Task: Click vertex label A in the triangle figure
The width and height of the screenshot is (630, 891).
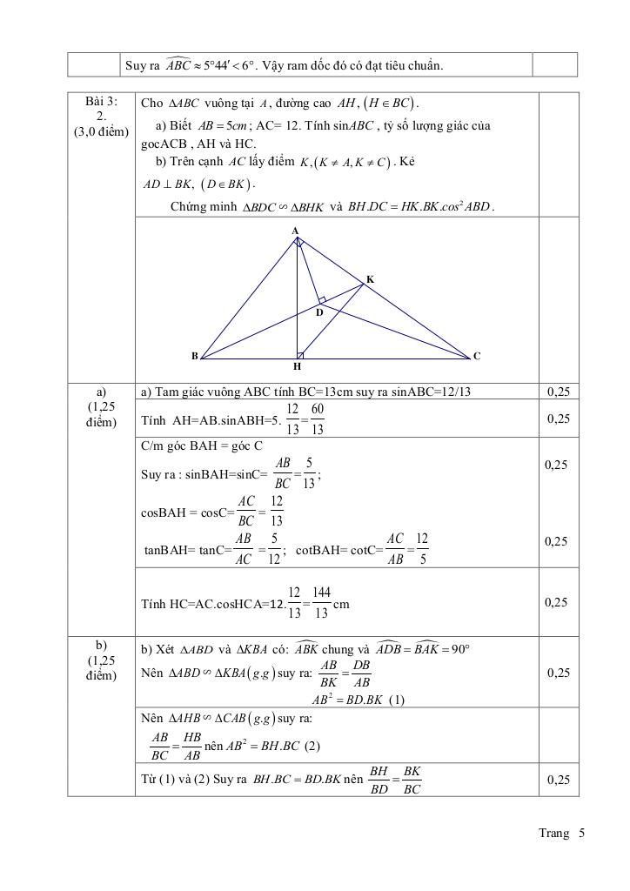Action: pos(295,231)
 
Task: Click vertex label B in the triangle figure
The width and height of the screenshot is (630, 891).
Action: pos(194,356)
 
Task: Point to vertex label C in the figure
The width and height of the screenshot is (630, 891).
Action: pos(477,356)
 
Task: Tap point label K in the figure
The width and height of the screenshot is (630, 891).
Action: pos(370,279)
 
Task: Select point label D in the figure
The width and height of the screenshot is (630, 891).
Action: pos(319,312)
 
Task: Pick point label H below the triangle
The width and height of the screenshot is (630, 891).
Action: pos(297,367)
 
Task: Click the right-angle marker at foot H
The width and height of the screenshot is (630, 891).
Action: pos(300,354)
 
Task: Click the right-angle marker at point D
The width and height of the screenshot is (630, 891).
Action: pos(322,300)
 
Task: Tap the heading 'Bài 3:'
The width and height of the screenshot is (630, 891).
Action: pos(101,102)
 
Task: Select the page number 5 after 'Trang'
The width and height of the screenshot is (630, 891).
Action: pos(580,834)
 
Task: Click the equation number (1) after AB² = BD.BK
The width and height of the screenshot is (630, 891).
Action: pos(395,699)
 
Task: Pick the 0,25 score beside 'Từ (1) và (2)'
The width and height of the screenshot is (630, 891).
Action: pos(559,780)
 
